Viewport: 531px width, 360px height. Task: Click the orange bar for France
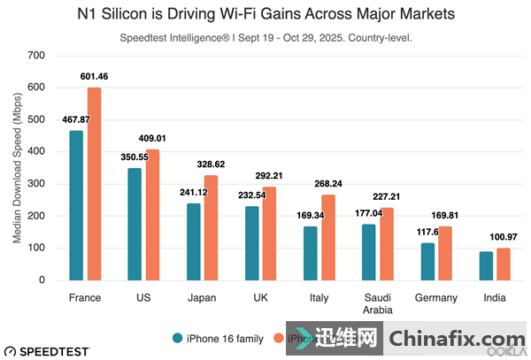point(93,184)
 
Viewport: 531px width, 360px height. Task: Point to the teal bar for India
point(485,265)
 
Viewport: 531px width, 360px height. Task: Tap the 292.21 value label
point(269,175)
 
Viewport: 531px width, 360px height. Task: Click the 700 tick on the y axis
point(36,56)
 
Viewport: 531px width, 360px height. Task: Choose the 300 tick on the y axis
point(36,184)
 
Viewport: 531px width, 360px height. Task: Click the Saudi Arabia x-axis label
point(378,303)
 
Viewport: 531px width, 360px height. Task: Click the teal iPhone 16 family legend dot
point(178,338)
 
